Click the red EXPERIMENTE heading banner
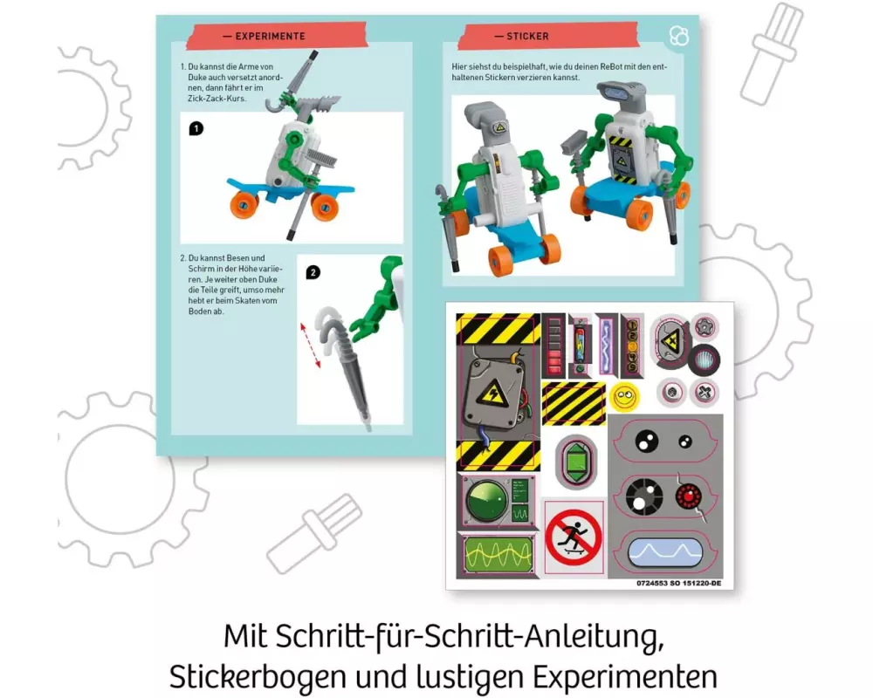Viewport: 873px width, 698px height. tap(277, 36)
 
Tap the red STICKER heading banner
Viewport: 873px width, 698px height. tap(548, 36)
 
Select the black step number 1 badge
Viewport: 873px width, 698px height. tap(196, 129)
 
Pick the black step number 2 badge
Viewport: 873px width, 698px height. tap(313, 273)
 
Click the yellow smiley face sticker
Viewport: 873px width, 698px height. tap(624, 397)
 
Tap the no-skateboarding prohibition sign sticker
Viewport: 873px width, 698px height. tap(574, 537)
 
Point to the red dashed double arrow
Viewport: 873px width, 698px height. tap(311, 346)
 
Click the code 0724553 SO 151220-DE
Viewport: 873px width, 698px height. tap(678, 584)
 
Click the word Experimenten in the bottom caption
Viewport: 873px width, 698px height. tap(625, 678)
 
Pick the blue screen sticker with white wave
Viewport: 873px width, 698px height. tap(664, 552)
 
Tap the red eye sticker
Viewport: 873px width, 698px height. tap(689, 496)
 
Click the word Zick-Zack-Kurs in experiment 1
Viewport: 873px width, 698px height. tap(217, 99)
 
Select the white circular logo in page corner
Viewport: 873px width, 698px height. tap(678, 36)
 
